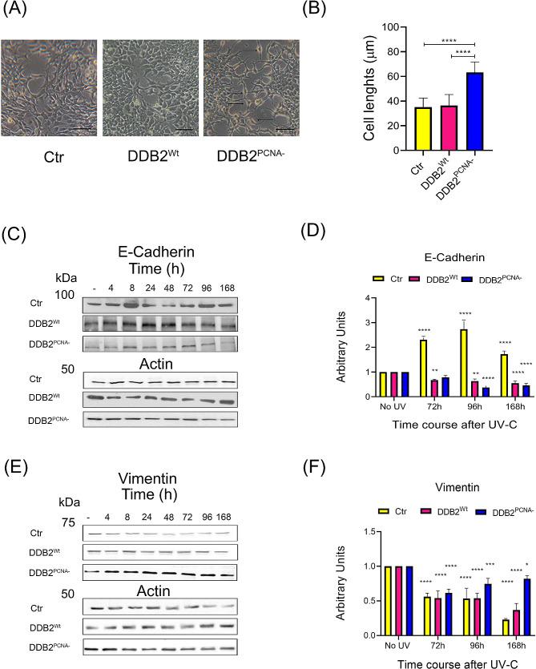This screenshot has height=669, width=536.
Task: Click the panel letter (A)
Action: [17, 11]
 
